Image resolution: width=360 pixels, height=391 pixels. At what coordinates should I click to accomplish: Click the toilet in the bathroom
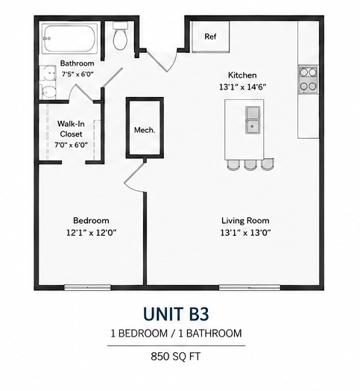[x=120, y=36]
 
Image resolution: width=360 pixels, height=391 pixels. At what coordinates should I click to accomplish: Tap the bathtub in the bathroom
[x=69, y=38]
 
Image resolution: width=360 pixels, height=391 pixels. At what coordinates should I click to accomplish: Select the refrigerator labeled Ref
[x=210, y=37]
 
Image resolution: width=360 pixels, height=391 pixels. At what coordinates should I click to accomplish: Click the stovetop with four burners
[x=308, y=79]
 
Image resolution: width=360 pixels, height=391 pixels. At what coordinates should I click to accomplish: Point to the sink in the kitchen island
[x=253, y=120]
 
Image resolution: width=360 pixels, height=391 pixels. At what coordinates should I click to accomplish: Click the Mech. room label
[x=145, y=130]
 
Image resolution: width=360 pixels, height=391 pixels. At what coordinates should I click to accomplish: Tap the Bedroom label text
[x=91, y=220]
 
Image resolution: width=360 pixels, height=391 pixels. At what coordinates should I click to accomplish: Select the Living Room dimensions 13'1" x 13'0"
[x=245, y=233]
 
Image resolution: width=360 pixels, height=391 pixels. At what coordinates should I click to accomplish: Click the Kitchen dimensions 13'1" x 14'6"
[x=243, y=87]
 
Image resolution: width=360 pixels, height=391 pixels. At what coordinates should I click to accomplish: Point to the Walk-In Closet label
[x=71, y=128]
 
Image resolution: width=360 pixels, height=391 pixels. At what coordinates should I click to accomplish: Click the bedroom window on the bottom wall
[x=87, y=287]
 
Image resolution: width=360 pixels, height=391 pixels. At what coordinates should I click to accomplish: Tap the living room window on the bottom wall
[x=250, y=287]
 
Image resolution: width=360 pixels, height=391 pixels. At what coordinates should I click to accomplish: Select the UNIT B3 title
[x=176, y=314]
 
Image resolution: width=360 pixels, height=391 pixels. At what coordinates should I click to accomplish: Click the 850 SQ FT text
[x=176, y=357]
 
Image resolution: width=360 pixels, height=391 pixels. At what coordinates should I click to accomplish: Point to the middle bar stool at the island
[x=250, y=165]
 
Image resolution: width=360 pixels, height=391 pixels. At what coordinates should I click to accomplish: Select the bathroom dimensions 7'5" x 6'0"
[x=78, y=74]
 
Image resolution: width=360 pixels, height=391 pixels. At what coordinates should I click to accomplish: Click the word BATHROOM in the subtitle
[x=214, y=334]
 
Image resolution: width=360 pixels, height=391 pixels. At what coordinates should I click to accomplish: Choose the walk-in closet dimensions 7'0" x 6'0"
[x=72, y=145]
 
